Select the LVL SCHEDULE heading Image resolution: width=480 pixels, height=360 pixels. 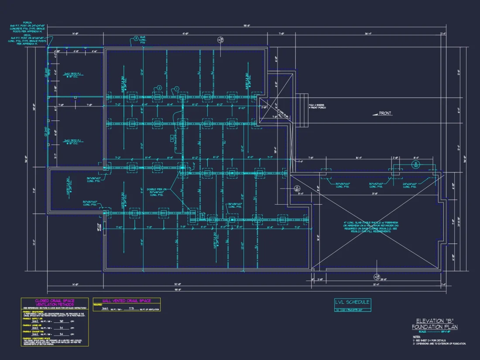(x=352, y=302)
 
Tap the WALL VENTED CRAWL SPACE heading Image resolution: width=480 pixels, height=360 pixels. (x=126, y=301)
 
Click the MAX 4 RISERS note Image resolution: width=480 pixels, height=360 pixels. (x=317, y=106)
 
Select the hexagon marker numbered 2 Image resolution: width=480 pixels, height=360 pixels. (x=159, y=88)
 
